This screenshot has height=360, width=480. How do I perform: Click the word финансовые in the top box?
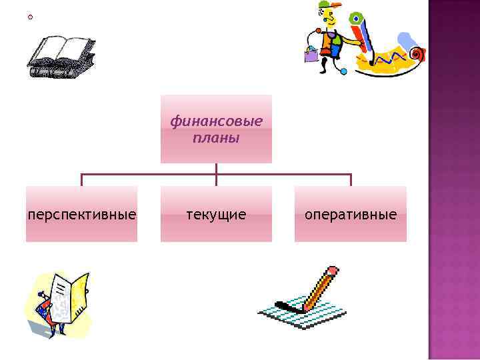point(216,121)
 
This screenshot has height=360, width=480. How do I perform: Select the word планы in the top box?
point(216,139)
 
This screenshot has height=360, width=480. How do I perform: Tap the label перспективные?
point(82,215)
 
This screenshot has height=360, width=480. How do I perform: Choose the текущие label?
point(216,215)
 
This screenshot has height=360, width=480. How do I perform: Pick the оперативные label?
point(351,215)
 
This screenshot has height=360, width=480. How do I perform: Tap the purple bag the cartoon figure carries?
point(311,55)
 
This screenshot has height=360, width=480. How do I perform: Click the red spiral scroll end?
point(417,53)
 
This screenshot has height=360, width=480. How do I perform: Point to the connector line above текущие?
point(216,174)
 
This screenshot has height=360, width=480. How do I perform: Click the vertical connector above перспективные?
point(82,180)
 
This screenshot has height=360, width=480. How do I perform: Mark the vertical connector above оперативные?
point(351,180)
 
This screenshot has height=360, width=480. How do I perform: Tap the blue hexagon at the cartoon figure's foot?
point(344,71)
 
